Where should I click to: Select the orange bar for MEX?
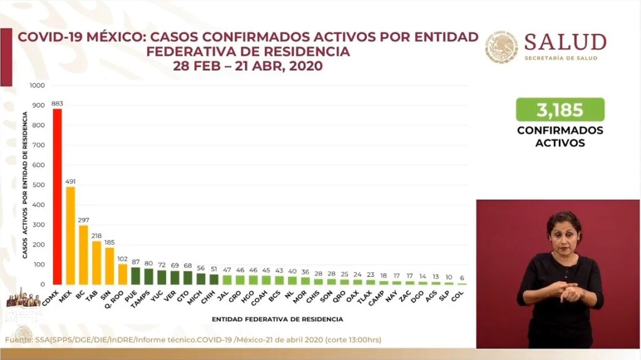(x=71, y=235)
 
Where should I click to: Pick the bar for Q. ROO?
(x=123, y=274)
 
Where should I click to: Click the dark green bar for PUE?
(x=135, y=276)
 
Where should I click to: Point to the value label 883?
(x=58, y=103)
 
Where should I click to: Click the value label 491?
(x=71, y=182)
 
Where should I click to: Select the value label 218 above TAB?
(x=96, y=236)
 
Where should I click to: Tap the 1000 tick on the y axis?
(x=38, y=85)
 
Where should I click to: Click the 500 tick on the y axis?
(x=39, y=185)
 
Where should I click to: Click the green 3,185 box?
(x=560, y=110)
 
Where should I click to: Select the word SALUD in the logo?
(x=565, y=43)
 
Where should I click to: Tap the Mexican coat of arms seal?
(x=502, y=47)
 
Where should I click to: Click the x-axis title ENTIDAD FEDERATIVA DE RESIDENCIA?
(x=277, y=319)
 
